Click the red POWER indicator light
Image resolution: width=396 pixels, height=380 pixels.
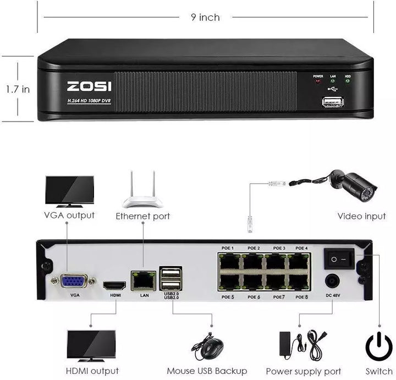tap(318, 82)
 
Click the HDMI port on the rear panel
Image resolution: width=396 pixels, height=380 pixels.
tap(115, 286)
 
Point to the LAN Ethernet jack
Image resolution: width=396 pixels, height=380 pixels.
tap(144, 280)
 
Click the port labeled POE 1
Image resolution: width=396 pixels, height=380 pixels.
tap(229, 261)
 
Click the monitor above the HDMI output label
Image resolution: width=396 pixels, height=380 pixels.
tap(91, 344)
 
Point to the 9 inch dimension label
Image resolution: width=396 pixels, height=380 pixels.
tap(206, 18)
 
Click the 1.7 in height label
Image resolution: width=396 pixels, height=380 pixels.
tap(18, 89)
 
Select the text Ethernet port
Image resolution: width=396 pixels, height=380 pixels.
tap(142, 216)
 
